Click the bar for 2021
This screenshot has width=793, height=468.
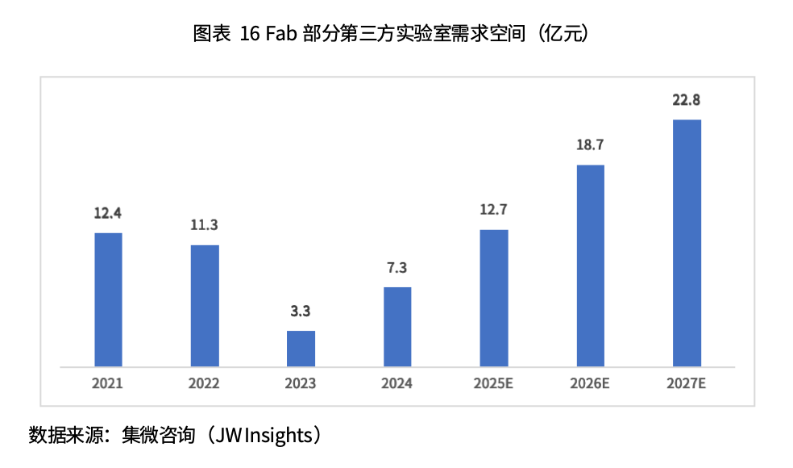(108, 299)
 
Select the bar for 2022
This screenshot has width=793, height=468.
(204, 305)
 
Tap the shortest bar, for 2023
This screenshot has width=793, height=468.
(301, 348)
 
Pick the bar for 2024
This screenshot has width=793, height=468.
(397, 326)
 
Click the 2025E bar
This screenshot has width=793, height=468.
(494, 298)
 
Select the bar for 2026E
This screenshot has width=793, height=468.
(590, 265)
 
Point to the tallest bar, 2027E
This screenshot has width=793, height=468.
(687, 243)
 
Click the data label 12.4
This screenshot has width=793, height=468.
(108, 214)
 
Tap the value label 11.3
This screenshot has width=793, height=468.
(204, 225)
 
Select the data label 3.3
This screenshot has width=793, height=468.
(301, 311)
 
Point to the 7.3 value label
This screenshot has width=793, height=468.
(397, 267)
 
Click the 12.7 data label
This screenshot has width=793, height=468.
(494, 211)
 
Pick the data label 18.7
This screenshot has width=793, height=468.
(590, 145)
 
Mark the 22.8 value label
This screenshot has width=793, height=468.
(687, 100)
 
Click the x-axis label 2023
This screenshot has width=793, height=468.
(301, 383)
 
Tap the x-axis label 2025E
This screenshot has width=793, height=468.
(494, 383)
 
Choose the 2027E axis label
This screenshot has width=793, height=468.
(687, 383)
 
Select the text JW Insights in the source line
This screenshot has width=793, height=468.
(267, 436)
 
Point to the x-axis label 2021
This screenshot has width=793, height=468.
(108, 383)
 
